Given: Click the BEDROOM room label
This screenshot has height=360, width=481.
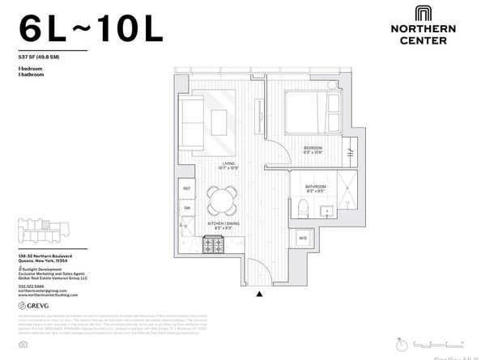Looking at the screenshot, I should [x=313, y=148].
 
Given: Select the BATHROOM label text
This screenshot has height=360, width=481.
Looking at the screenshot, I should [x=316, y=188].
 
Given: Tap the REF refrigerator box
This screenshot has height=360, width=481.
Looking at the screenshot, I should [x=186, y=188].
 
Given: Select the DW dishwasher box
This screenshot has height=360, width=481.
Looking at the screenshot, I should [x=186, y=208].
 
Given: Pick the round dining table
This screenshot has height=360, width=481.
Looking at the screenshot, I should [x=222, y=199].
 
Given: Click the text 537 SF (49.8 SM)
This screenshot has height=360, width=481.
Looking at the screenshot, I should [x=42, y=57].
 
